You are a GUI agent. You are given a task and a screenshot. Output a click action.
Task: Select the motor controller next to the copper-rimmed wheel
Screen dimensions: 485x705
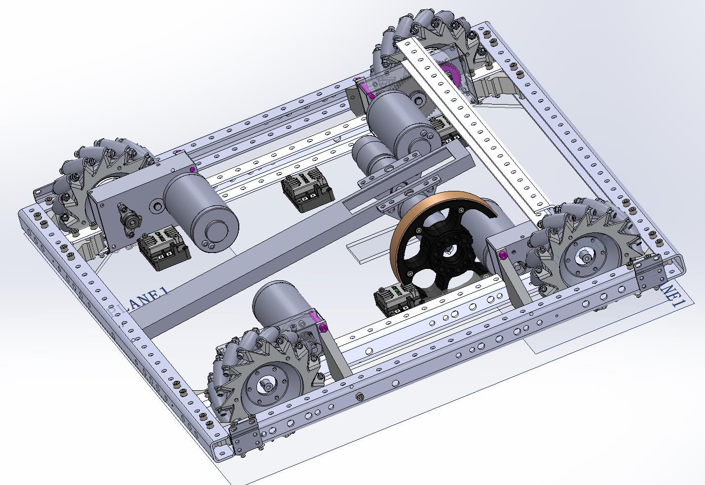coord(397,299)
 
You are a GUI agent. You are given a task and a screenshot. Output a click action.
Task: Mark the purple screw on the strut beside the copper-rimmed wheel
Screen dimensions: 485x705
coord(502,255)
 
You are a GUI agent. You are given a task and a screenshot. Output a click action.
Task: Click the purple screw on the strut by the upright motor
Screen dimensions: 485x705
coord(323,329)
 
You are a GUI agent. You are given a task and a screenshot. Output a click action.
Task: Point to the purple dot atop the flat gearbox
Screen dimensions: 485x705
coord(192,170)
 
